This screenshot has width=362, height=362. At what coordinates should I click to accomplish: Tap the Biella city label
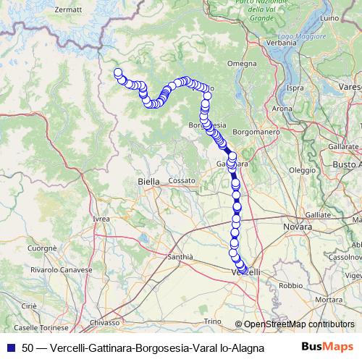coord(148,182)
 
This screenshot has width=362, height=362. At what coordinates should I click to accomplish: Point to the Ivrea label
coord(101,218)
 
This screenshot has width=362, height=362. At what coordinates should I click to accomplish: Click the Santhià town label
coord(180,256)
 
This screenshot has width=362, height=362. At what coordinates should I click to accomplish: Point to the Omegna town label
coord(242,64)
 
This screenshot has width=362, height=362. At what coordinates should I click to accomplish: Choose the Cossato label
coord(182,180)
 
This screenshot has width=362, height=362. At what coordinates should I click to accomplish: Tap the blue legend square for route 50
coord(11,347)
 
